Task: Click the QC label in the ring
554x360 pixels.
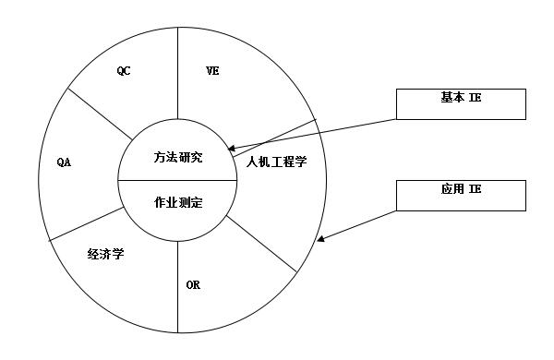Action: (124, 69)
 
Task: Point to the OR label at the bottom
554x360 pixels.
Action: (193, 284)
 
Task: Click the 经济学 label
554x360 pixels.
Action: (106, 253)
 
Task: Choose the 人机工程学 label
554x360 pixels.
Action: (277, 162)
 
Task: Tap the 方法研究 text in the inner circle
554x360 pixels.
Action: (178, 157)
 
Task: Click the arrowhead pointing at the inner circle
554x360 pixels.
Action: (232, 148)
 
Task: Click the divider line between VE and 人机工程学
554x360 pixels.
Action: (277, 138)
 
